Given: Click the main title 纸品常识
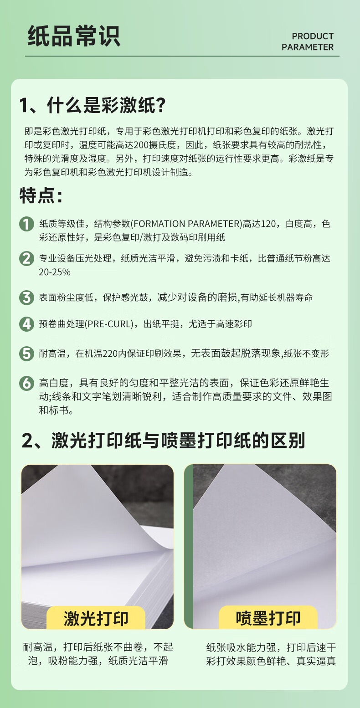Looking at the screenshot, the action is point(74,36).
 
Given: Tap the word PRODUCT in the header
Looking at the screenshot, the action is point(313,36).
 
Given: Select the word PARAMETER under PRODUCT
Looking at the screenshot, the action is point(308,47).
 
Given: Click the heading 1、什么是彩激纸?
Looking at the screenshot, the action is point(93,105).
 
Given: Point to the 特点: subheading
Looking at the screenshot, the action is point(41,195).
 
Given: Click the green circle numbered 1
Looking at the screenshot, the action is point(26,224).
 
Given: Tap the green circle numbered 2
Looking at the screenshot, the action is point(26,258).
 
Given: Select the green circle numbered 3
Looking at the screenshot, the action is point(26,298).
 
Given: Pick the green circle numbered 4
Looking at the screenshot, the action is point(26,324).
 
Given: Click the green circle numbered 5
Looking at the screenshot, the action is point(26,354).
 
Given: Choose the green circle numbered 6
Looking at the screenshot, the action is point(26,383).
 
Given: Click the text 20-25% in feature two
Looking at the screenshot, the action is point(55,272).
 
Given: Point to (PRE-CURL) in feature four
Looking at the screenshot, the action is point(109,324).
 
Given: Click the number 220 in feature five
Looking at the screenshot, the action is point(110,354).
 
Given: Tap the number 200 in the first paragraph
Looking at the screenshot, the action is point(141,145).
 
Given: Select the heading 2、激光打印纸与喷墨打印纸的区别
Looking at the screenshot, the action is point(164,441).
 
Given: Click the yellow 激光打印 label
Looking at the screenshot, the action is point(96,618).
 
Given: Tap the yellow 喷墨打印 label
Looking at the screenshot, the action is point(268,618).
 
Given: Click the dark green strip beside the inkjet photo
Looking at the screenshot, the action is point(189,546).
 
